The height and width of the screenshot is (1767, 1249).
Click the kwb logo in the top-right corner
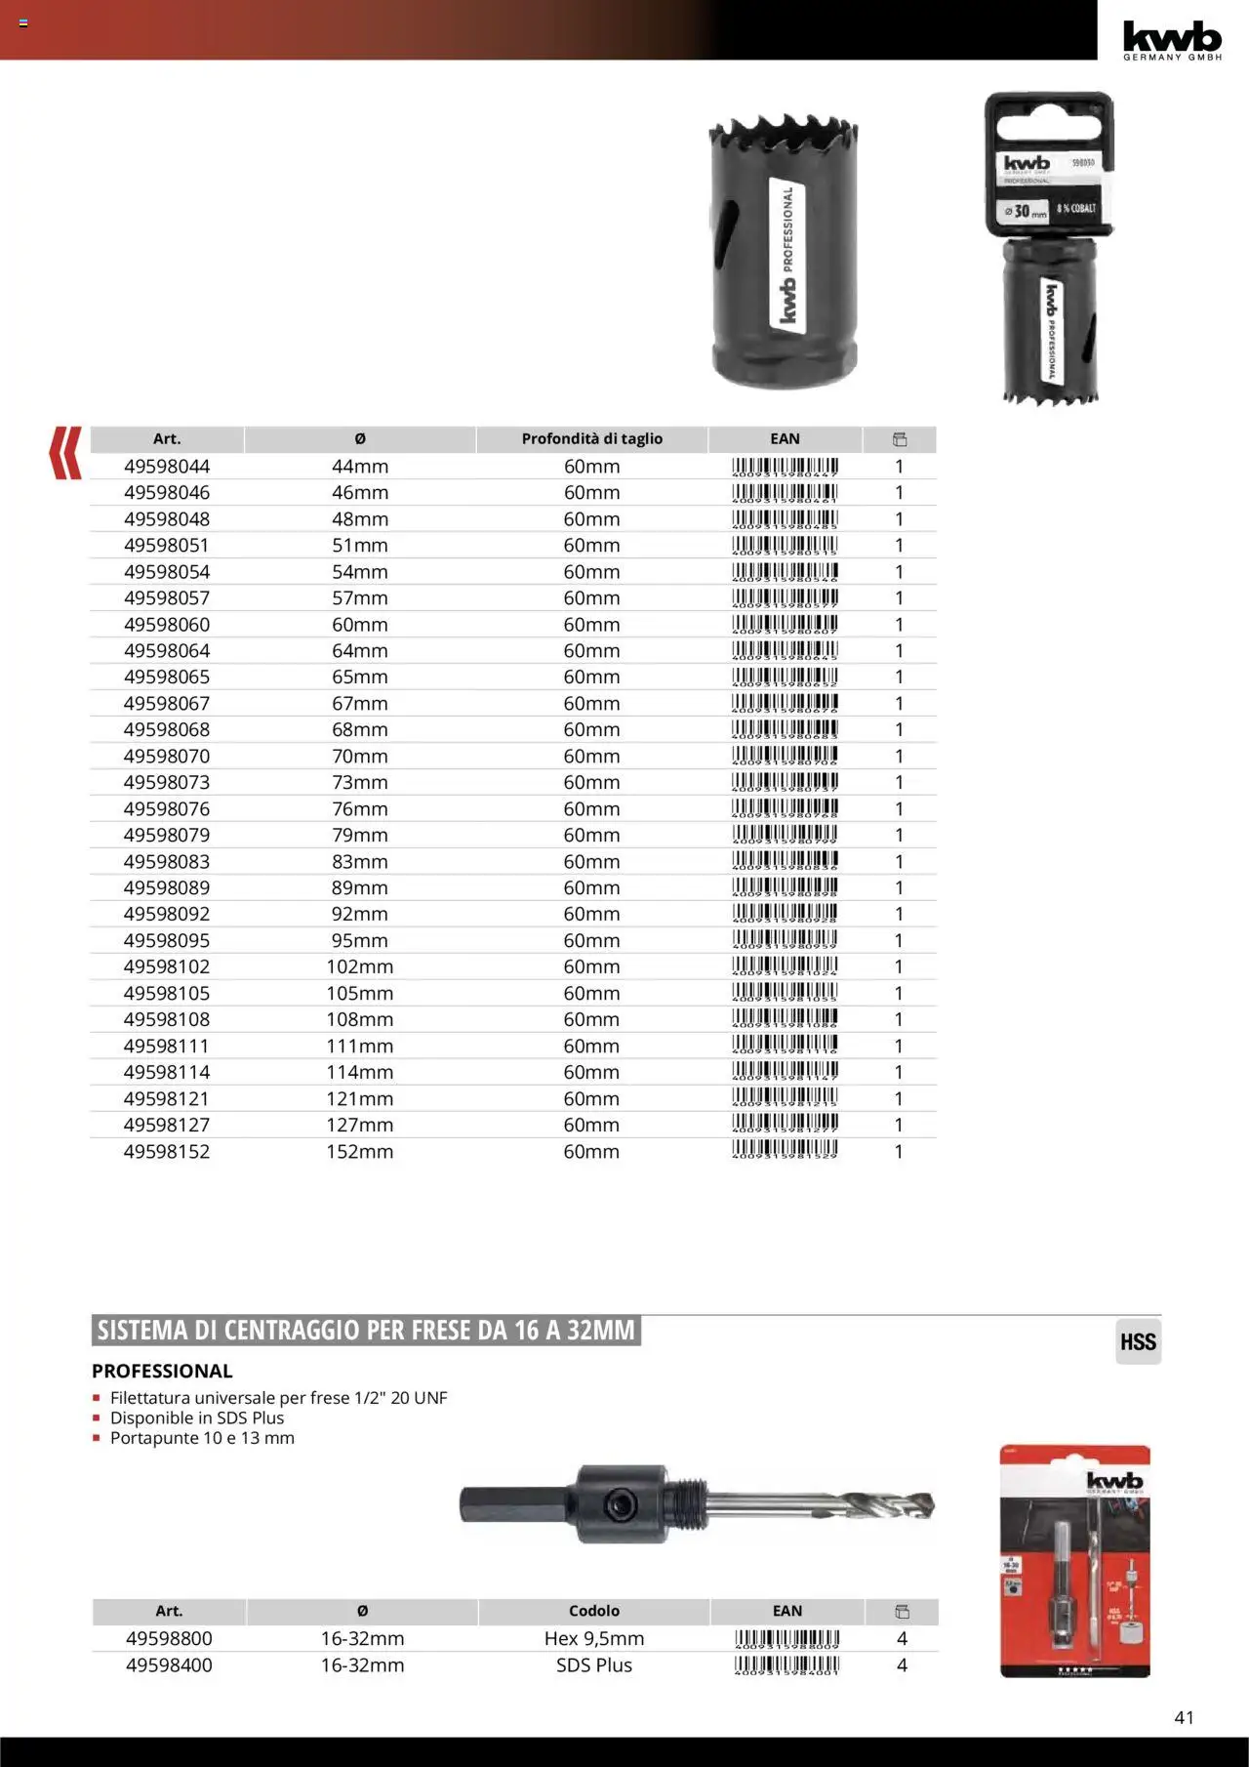click(x=1172, y=39)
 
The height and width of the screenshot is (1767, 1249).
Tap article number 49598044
click(x=167, y=467)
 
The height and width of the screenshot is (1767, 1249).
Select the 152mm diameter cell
click(x=359, y=1152)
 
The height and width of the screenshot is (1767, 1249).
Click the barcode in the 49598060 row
click(x=785, y=625)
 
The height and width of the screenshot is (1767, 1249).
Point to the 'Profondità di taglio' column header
click(x=591, y=439)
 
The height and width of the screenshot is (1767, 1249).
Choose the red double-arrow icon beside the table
click(x=65, y=453)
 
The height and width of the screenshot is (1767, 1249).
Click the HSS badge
click(x=1138, y=1342)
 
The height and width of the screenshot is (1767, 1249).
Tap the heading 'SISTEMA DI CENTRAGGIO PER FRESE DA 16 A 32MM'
click(x=366, y=1331)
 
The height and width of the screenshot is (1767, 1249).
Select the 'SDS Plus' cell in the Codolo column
click(x=593, y=1665)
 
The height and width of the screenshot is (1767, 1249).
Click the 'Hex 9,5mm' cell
click(x=593, y=1638)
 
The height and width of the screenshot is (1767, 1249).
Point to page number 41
click(x=1184, y=1717)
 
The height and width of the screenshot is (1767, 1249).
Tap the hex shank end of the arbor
click(x=488, y=1504)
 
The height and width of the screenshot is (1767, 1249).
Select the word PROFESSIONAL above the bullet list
click(x=162, y=1371)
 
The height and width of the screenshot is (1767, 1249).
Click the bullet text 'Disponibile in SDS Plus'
click(x=197, y=1418)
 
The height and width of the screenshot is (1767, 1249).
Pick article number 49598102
click(x=167, y=966)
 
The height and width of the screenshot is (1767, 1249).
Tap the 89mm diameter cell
click(x=359, y=888)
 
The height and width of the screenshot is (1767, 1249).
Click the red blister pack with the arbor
click(x=1075, y=1560)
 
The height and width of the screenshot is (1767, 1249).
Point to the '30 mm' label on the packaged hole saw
click(x=1025, y=211)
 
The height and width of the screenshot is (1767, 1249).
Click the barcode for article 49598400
click(x=786, y=1665)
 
